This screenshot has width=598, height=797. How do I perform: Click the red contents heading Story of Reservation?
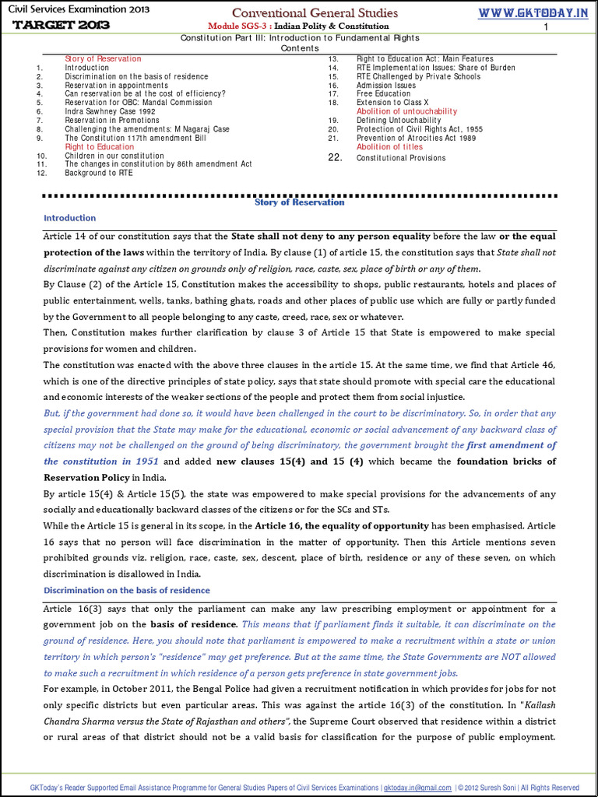tap(103, 59)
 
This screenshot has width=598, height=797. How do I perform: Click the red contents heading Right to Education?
tap(99, 146)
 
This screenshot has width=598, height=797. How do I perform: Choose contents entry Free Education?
tap(383, 94)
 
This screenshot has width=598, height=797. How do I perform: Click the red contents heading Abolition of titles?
tap(389, 146)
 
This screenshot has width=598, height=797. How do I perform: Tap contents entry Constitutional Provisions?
tap(401, 158)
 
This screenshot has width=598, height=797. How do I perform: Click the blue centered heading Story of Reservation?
tap(299, 202)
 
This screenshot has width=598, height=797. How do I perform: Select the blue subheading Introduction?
tap(70, 218)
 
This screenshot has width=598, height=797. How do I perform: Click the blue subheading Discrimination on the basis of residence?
tap(126, 591)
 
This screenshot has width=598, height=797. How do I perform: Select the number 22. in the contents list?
tap(335, 157)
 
